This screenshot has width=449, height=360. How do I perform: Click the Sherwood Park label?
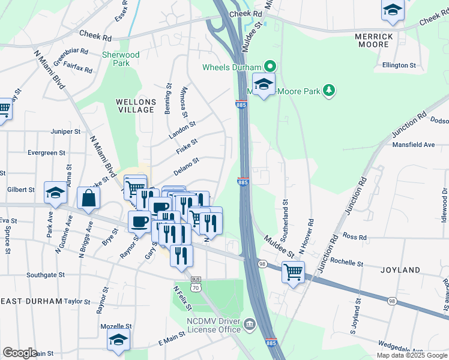(x=121, y=59)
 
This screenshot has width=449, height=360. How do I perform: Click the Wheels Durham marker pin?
(x=270, y=67)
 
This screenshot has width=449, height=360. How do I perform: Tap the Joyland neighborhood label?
(x=400, y=271)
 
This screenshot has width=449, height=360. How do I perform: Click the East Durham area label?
(x=31, y=301)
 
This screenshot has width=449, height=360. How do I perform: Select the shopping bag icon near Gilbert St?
(x=88, y=198)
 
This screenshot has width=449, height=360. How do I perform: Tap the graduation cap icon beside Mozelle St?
(x=119, y=339)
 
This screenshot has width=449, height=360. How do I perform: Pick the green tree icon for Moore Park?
(x=328, y=91)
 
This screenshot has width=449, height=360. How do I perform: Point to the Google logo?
(x=20, y=353)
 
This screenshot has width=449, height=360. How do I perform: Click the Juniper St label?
(x=66, y=131)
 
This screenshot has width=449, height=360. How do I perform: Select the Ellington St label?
(x=400, y=65)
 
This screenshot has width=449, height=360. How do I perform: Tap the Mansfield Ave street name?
(x=414, y=145)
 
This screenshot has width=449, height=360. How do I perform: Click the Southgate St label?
(x=46, y=275)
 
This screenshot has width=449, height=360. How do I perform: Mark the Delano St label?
(x=187, y=163)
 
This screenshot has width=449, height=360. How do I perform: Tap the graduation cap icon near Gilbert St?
(x=55, y=193)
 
